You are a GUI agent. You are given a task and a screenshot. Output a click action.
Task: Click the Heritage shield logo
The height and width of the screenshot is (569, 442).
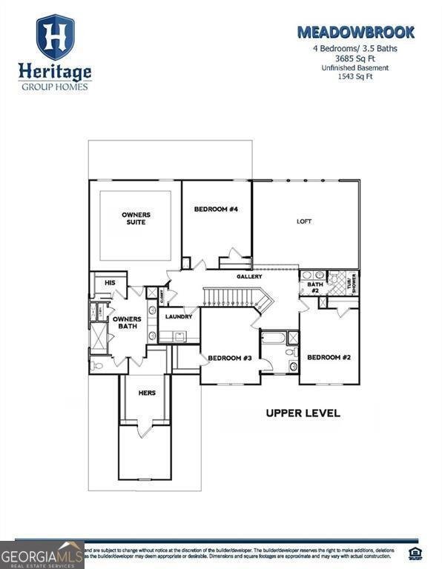coord(55,37)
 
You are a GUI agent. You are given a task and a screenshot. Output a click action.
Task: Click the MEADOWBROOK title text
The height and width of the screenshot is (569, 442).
coord(355,32)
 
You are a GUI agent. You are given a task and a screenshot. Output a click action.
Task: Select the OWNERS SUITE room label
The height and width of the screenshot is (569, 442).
coord(135,219)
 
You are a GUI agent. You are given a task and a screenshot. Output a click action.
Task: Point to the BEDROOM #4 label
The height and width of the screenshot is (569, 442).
coord(216,210)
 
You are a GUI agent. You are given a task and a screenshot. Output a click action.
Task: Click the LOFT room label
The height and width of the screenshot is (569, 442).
coord(304,221)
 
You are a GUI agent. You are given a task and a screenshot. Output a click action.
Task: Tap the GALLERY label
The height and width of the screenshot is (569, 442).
coord(250,276)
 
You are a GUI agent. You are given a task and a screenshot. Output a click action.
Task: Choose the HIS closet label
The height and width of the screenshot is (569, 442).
coord(110,283)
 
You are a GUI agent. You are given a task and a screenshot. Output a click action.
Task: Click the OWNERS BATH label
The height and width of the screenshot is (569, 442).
coord(127,322)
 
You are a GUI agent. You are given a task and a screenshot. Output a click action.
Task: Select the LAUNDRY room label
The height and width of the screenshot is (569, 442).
coord(179,316)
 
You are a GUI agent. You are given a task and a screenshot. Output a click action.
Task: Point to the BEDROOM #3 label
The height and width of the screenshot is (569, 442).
coord(230,359)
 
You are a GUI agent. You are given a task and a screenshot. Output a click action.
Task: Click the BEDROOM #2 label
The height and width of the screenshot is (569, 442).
coord(329,358)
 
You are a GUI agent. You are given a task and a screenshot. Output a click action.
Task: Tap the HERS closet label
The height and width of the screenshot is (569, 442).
coord(146,393)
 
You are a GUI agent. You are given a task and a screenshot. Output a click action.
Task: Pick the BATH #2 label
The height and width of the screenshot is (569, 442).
coord(315,287)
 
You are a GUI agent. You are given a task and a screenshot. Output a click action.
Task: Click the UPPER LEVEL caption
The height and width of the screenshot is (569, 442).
coord(303,413)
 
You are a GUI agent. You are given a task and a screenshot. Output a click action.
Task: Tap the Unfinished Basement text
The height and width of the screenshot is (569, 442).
coord(355,68)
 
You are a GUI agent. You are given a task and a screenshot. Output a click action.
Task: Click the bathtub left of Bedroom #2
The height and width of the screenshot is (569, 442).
coord(272,339)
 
